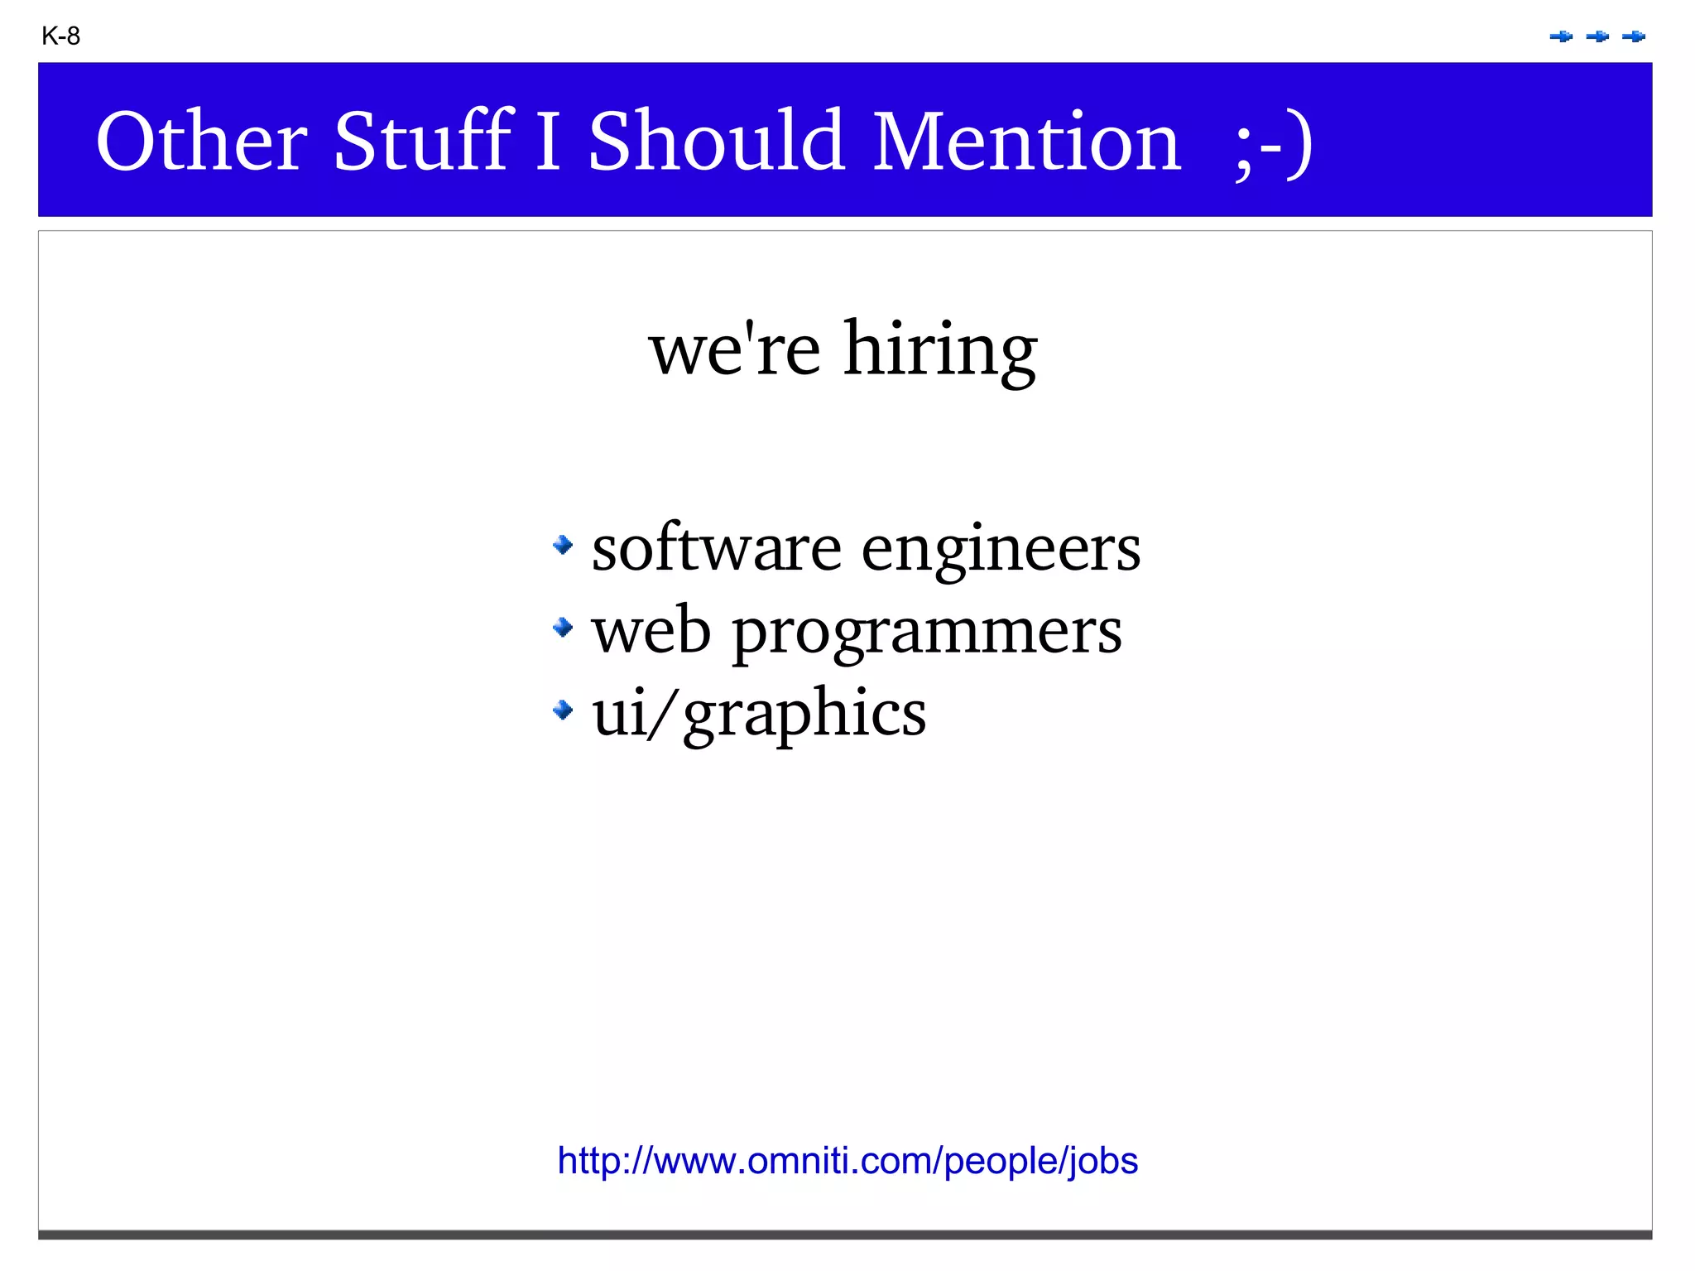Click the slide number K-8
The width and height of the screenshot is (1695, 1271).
tap(60, 36)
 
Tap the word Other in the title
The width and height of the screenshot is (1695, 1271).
tap(201, 142)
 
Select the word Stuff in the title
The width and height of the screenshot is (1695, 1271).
tap(423, 142)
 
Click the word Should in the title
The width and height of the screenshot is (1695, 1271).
tap(717, 142)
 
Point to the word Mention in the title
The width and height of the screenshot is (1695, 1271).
tap(1026, 142)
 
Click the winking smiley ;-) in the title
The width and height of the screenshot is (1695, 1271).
tap(1273, 143)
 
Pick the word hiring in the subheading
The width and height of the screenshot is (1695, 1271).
tap(940, 350)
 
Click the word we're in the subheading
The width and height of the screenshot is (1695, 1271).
tap(735, 350)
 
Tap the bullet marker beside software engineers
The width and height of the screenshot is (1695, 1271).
tap(563, 545)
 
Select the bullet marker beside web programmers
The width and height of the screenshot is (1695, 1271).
tap(563, 628)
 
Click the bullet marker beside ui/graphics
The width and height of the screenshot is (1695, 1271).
tap(563, 710)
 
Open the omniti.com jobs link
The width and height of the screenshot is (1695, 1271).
tap(847, 1161)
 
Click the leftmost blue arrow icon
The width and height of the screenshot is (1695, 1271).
tap(1561, 36)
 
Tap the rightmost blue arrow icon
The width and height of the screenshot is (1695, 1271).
tap(1634, 36)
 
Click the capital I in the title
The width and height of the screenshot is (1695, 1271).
tap(548, 142)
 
